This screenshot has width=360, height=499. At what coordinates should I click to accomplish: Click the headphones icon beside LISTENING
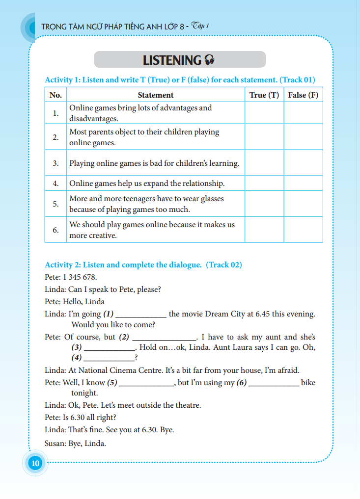point(209,60)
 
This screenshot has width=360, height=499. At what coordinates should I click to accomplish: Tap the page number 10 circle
point(35,463)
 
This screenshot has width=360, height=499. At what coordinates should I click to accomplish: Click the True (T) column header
point(264,95)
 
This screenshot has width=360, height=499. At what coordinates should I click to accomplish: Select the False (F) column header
point(303,95)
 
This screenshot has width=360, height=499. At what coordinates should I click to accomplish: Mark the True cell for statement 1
point(264,113)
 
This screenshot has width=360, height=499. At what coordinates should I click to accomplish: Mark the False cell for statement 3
point(303,163)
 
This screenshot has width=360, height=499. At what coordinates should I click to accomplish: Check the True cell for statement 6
point(264,230)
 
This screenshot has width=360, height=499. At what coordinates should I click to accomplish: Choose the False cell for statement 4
point(303,184)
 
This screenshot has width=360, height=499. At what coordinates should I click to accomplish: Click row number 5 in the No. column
point(56,204)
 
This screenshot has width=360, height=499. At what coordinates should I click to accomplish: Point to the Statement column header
point(156,95)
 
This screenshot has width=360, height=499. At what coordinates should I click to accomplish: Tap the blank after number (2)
point(164,338)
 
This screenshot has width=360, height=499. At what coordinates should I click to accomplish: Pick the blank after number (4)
point(109,359)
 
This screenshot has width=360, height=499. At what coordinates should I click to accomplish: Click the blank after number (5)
point(147,384)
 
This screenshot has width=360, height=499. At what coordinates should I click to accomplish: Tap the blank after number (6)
point(274,384)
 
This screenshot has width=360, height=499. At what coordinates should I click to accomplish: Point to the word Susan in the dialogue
point(55,444)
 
